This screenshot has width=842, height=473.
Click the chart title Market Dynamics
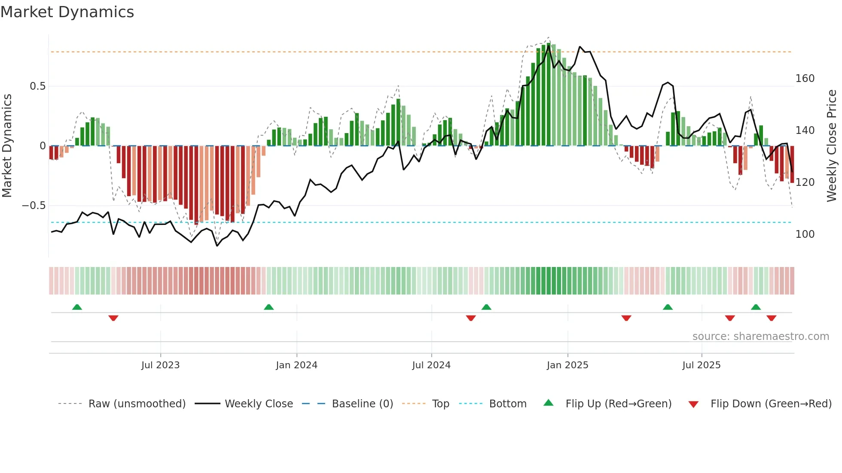tap(67, 12)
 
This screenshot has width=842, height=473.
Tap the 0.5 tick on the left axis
tap(37, 86)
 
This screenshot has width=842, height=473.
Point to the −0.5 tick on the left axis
tap(34, 206)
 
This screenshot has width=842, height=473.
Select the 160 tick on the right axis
tap(805, 79)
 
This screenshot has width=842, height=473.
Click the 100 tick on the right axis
tap(805, 234)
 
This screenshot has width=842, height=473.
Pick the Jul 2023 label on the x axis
tap(160, 365)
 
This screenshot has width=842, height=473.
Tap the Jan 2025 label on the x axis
tap(567, 365)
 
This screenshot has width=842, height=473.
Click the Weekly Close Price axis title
tap(832, 146)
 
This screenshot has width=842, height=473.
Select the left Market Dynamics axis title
tap(7, 146)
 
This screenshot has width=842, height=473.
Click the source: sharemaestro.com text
tap(760, 337)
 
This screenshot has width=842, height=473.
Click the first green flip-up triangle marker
tap(77, 307)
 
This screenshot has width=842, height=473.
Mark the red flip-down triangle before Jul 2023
tap(113, 318)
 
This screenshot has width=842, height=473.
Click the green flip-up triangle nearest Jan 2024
tap(268, 307)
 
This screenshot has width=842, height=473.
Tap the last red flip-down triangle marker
tap(771, 318)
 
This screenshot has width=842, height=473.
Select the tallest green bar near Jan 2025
tap(549, 94)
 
